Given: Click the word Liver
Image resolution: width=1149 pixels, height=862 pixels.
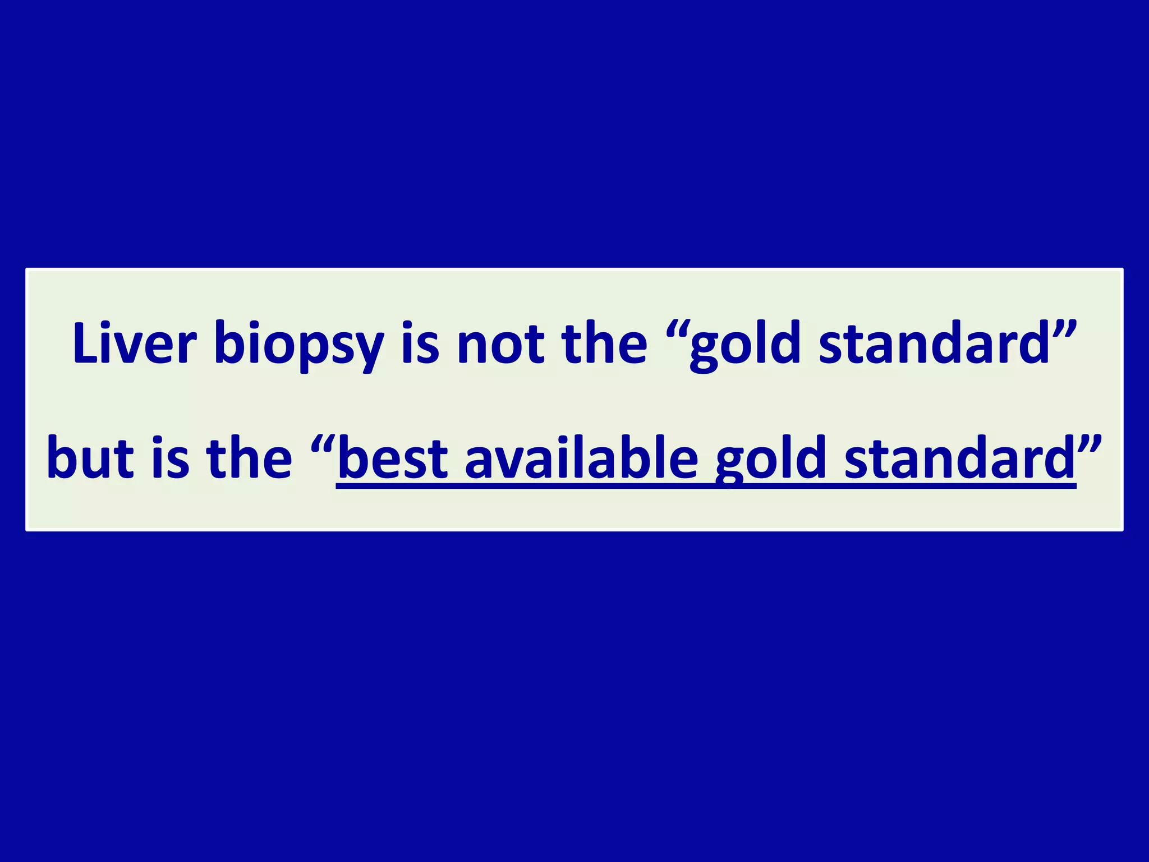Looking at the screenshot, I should (135, 343).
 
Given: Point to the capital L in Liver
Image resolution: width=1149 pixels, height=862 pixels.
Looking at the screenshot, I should (85, 343).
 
